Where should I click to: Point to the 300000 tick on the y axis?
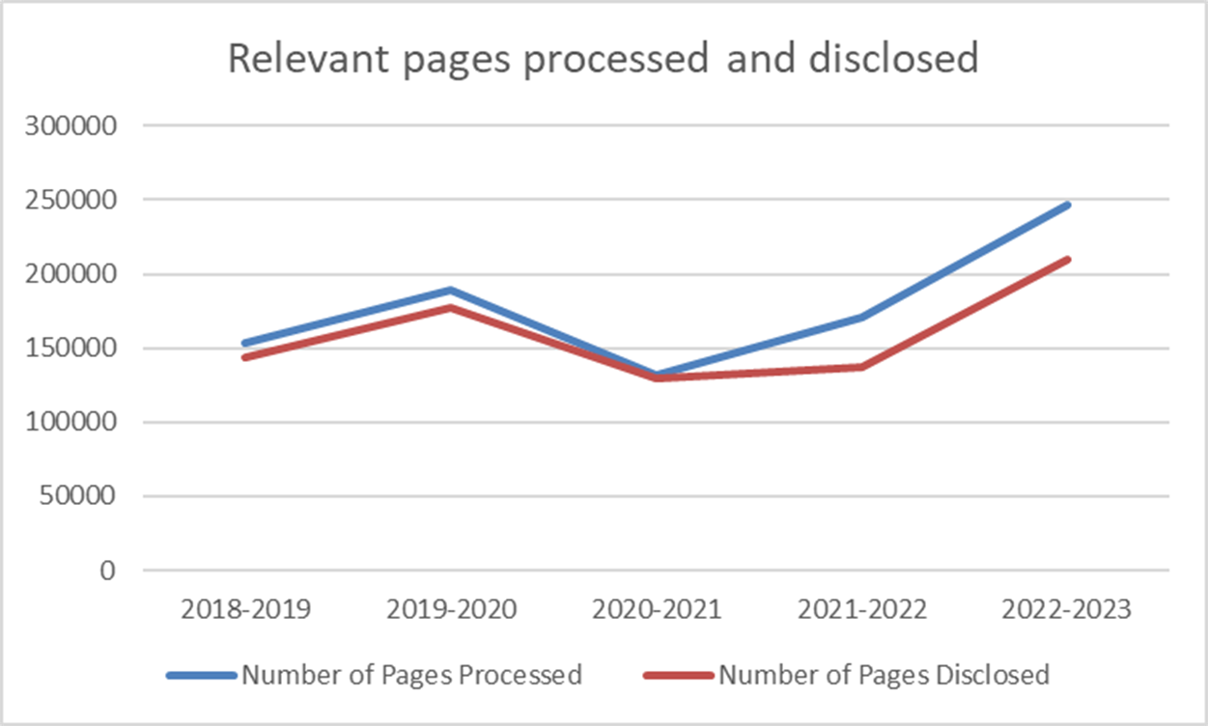(75, 126)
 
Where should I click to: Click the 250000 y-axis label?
(75, 200)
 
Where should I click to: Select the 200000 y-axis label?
(75, 274)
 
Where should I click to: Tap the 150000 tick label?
(75, 349)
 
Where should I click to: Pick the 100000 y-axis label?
(75, 423)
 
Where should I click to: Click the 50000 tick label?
(81, 497)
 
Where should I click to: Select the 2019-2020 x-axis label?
(451, 610)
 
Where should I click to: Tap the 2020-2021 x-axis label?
(657, 610)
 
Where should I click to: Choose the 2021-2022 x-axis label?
(862, 610)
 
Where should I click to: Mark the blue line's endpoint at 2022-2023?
(1068, 205)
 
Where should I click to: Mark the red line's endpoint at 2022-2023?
(1068, 259)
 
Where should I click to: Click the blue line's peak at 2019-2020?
(451, 290)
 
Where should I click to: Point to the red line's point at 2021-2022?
(862, 367)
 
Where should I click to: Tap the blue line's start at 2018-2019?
(245, 343)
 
